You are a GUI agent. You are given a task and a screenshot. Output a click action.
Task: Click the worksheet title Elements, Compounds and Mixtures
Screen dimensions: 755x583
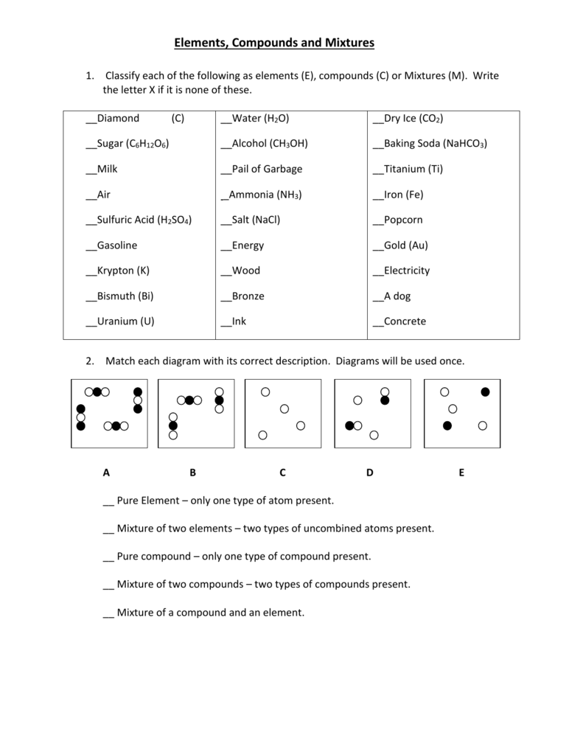pyautogui.click(x=274, y=44)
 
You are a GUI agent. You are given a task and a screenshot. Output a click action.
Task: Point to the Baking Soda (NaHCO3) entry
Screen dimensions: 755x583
pyautogui.click(x=435, y=144)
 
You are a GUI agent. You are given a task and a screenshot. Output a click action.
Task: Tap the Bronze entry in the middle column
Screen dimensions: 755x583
pyautogui.click(x=248, y=296)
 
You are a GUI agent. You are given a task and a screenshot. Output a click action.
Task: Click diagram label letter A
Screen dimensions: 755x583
pyautogui.click(x=106, y=473)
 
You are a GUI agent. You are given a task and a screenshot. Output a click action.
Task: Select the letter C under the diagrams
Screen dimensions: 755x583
pyautogui.click(x=282, y=473)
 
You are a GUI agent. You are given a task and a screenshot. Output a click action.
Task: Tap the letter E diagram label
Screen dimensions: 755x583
pyautogui.click(x=461, y=473)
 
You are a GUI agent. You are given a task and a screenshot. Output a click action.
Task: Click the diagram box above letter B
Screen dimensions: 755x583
pyautogui.click(x=196, y=414)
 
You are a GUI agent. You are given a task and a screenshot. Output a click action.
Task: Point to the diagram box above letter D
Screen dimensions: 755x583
pyautogui.click(x=372, y=414)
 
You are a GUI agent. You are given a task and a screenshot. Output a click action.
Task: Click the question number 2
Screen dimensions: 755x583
pyautogui.click(x=89, y=361)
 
